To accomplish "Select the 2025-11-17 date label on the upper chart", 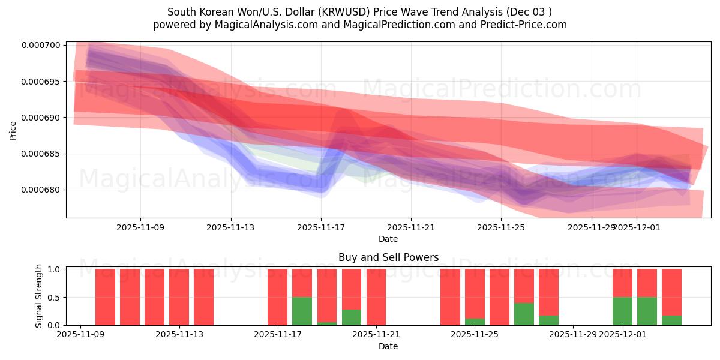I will pos(321,227).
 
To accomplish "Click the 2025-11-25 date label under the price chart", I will pos(501,227).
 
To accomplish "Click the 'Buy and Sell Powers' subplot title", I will pos(388,257).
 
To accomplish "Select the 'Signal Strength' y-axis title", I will pos(39,296).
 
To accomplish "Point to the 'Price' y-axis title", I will pos(13,130).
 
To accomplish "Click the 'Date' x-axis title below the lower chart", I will pos(388,346).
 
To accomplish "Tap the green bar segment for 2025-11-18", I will pos(302,311).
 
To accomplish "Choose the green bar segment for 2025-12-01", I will pos(622,311).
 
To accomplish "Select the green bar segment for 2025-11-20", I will pos(352,317).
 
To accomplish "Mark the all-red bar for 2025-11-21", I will pos(376,297).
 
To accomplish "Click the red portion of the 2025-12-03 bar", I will pos(671,292).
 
